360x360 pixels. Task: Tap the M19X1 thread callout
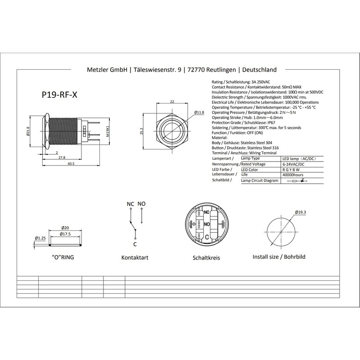pos(108,131)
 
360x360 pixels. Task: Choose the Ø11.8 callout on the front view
pos(199,112)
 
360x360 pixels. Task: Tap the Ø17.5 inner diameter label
pos(66,234)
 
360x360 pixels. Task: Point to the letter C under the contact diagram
pos(135,244)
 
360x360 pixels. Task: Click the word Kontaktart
pos(135,258)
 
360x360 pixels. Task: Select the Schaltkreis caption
pos(206,258)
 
